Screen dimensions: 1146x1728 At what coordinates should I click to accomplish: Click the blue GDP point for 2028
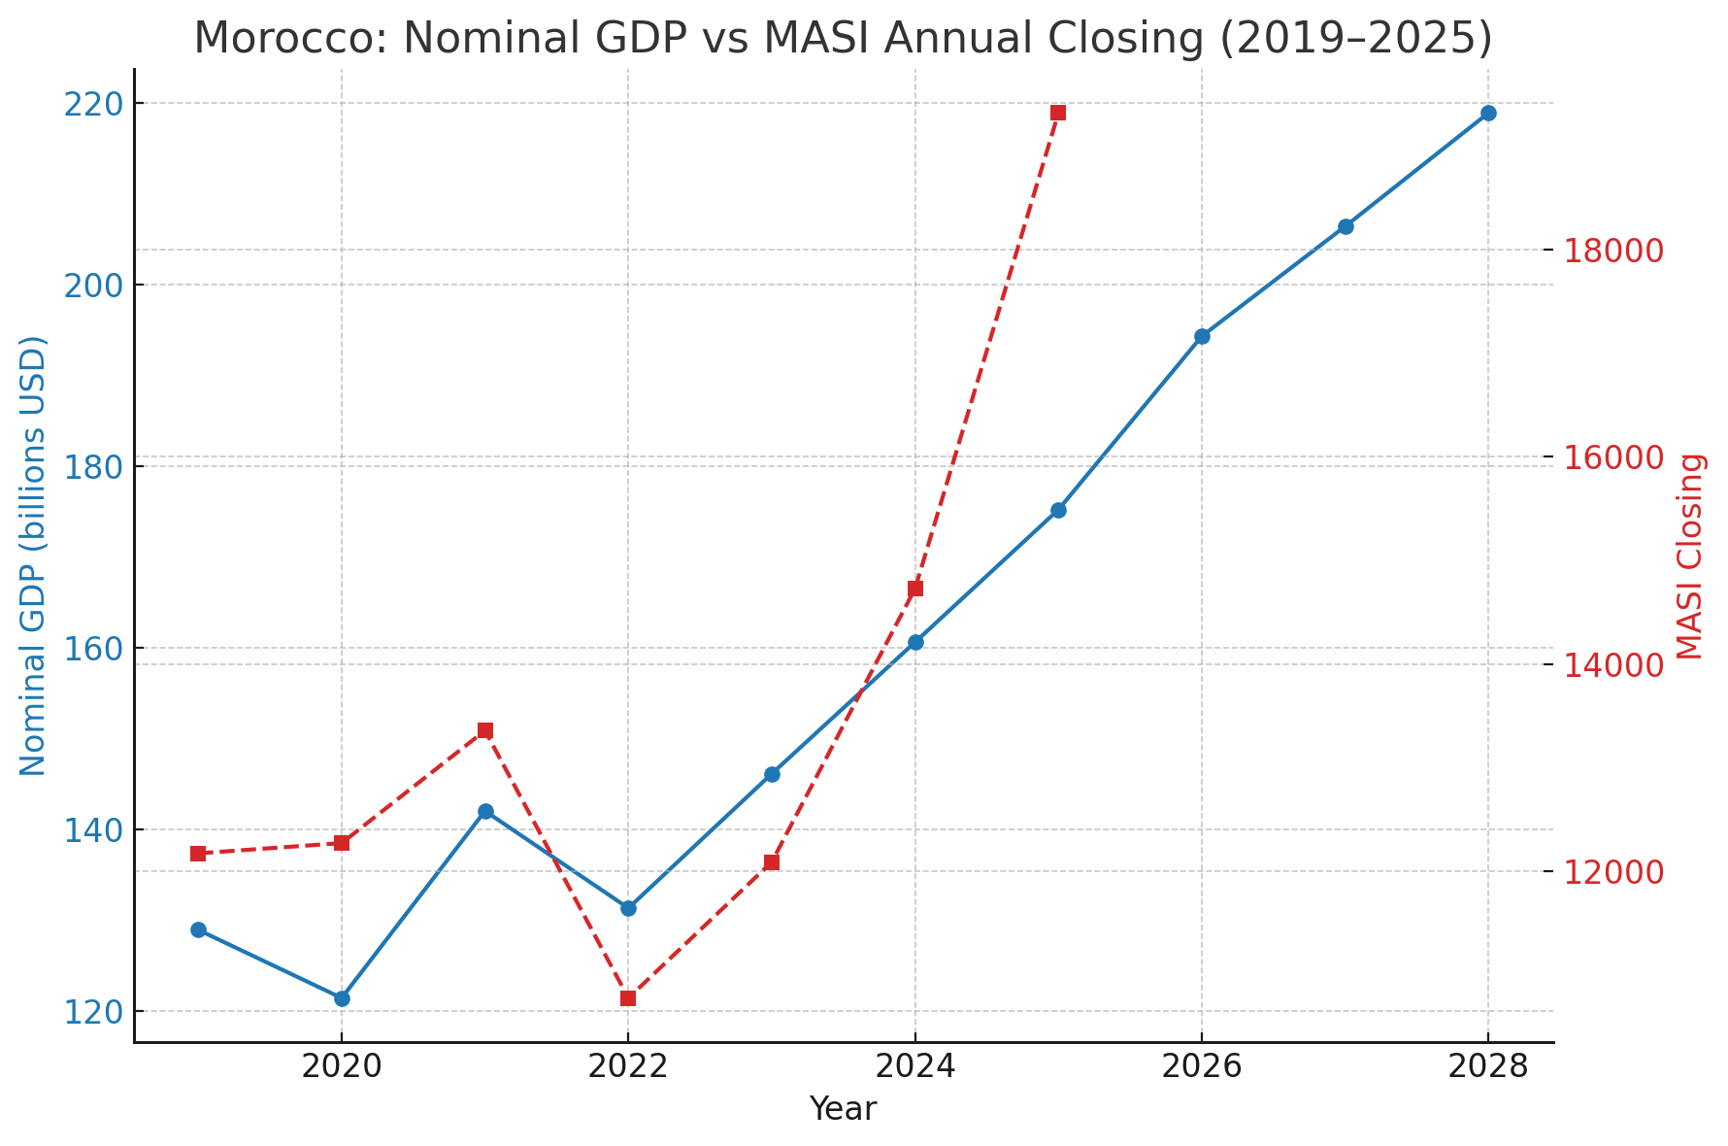click(1488, 114)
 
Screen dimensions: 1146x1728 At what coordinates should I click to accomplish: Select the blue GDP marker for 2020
click(342, 998)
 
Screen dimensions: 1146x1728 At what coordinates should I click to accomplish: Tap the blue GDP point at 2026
click(1202, 336)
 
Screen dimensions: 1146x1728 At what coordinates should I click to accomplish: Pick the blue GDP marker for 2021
click(485, 811)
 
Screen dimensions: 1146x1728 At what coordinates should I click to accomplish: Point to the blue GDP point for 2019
click(198, 929)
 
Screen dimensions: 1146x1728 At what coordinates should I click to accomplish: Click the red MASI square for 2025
click(1058, 113)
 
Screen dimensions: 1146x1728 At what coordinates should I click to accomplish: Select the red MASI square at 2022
click(628, 998)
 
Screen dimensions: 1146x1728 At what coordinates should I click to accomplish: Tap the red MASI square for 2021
click(485, 730)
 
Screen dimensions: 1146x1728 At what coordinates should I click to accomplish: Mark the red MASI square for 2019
click(198, 854)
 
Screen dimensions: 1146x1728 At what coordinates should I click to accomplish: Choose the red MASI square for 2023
click(772, 862)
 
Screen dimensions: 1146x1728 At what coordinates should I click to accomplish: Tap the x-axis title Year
click(843, 1109)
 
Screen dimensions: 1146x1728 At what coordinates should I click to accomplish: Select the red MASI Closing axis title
click(1690, 556)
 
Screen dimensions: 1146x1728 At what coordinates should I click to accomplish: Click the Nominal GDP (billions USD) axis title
click(33, 556)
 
